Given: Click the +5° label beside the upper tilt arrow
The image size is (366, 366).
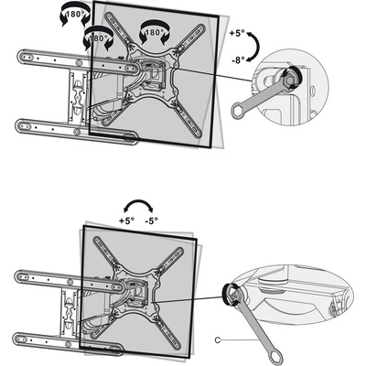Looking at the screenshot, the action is coord(237,34).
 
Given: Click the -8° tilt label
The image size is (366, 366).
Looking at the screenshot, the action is coord(238,60).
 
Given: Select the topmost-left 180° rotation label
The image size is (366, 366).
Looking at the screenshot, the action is coord(76,14).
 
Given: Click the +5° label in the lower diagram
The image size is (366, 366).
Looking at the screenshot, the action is coord(126,221).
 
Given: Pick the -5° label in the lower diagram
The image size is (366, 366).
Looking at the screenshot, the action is coord(152,221).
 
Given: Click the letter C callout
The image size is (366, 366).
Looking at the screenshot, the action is coord(218,340).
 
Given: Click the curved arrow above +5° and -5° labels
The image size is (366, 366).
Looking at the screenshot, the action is coord(138,202).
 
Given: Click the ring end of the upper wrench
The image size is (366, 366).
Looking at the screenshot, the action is coord(237,111).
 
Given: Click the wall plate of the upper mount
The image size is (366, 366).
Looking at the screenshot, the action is coord(77,95).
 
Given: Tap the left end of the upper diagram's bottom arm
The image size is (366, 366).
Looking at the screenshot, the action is coord(23,125).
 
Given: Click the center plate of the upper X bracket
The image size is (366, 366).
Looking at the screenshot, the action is coord(152,74).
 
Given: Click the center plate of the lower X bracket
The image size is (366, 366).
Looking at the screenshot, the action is coord(136,292).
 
